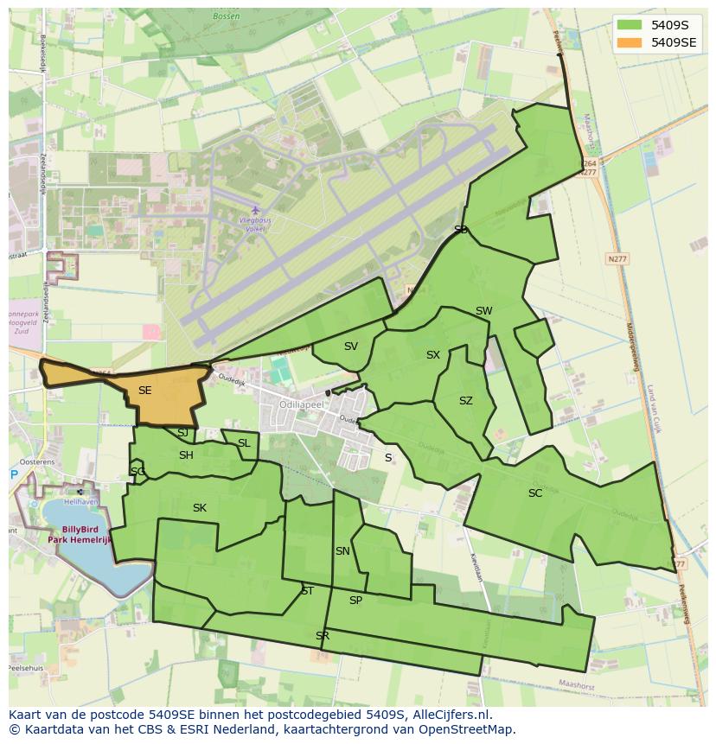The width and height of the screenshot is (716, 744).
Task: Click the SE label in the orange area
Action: [144, 391]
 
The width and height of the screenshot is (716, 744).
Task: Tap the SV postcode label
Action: [350, 347]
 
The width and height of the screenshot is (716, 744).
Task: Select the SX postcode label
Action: [433, 355]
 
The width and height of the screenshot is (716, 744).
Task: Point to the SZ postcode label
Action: [466, 401]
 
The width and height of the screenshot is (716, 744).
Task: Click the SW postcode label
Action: [483, 311]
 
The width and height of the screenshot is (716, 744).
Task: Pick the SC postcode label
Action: [535, 493]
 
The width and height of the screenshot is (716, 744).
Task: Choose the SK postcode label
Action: [200, 508]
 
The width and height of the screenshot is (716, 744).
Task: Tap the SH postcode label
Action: [186, 455]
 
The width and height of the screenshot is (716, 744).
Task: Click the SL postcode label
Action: [244, 443]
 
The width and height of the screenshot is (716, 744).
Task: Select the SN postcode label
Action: [342, 551]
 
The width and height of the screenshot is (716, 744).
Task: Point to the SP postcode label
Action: [355, 601]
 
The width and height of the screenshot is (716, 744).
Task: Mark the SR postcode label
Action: [323, 636]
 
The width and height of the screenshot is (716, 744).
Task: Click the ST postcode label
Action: [307, 591]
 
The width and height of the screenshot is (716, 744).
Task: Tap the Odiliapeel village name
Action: [301, 404]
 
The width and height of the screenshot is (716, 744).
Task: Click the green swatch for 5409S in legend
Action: [630, 24]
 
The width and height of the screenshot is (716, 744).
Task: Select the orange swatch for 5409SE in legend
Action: [630, 41]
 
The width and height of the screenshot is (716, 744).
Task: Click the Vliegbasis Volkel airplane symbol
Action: [254, 210]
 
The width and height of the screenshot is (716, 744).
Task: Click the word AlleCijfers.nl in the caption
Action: [451, 715]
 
